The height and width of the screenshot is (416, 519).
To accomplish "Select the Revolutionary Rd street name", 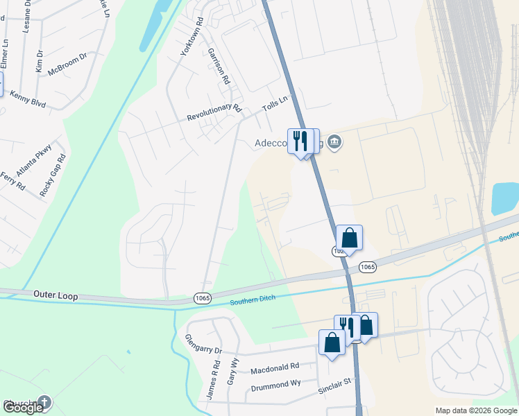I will tap(214, 113).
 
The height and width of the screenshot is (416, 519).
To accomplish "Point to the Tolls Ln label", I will tap(275, 104).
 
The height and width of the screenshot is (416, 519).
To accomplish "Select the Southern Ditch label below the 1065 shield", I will tap(253, 299).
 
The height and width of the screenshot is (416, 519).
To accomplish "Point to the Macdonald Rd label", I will tap(275, 366).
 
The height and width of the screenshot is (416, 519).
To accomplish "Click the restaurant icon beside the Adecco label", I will tap(299, 141).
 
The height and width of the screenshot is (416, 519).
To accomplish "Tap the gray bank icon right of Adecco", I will tap(335, 143).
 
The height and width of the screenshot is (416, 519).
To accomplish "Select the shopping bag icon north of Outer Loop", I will tap(350, 238).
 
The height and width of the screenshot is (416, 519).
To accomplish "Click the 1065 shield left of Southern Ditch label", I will tap(203, 297).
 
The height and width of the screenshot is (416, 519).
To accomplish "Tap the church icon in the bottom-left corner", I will tap(44, 401).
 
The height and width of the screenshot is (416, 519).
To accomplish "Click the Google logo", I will tap(23, 408).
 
